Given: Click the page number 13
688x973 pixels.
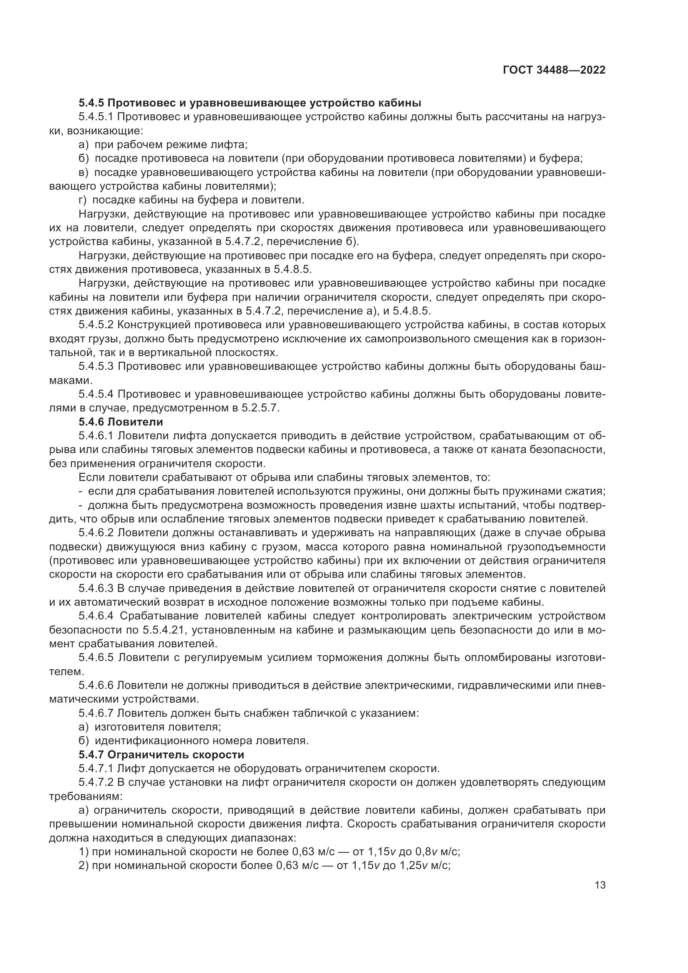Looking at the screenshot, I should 600,885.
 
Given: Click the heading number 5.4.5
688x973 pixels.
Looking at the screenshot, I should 92,103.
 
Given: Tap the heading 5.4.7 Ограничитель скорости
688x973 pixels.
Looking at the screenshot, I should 161,755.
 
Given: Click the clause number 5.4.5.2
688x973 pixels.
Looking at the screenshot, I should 96,325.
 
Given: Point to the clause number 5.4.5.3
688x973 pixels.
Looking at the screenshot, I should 96,366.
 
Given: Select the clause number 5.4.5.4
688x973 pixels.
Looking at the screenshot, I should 96,394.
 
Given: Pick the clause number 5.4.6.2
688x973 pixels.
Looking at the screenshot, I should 96,533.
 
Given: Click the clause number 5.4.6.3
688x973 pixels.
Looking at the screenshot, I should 96,589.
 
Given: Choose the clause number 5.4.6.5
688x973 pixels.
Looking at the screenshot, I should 96,658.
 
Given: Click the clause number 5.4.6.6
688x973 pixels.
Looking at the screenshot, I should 96,685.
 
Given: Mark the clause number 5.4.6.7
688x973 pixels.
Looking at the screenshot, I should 96,713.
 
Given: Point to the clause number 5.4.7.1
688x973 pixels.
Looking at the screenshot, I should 96,768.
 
